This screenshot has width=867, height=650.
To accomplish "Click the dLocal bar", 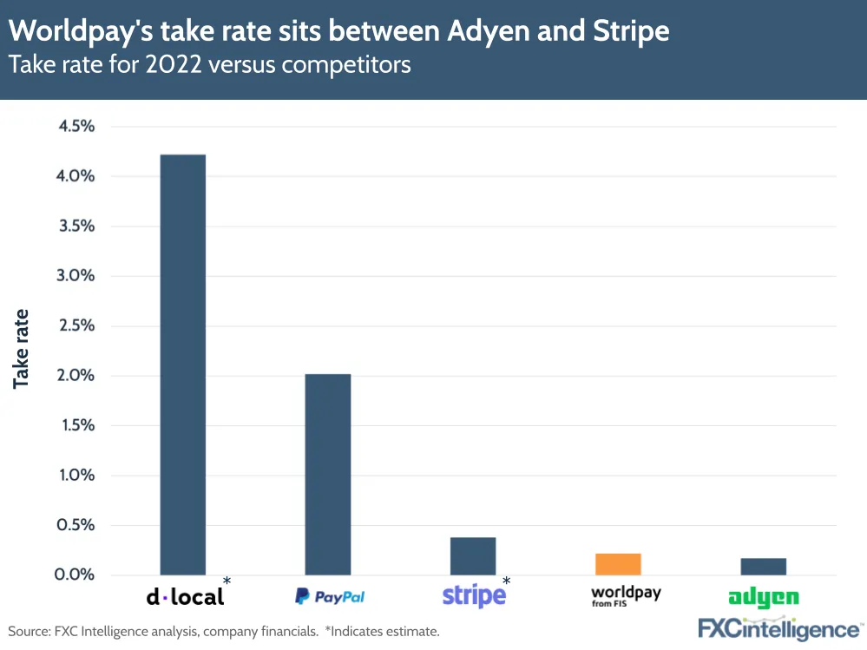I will point(182,364).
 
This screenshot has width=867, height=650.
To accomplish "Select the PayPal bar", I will point(327,474).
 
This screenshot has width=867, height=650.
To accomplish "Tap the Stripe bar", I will point(473,556).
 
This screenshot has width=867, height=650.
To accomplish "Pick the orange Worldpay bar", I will point(618,564).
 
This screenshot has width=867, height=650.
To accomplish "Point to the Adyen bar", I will point(763,567).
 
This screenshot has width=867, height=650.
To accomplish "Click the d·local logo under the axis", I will point(185,596).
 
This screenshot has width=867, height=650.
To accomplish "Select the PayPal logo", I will point(330,597).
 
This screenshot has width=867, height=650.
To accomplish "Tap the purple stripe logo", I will point(474,596).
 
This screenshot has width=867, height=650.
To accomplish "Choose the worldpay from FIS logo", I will point(625,595).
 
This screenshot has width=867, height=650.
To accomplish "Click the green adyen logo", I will point(764,598).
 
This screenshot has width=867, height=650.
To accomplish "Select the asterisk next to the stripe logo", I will point(507,581).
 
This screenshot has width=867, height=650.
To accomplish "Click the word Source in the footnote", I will point(28,631).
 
